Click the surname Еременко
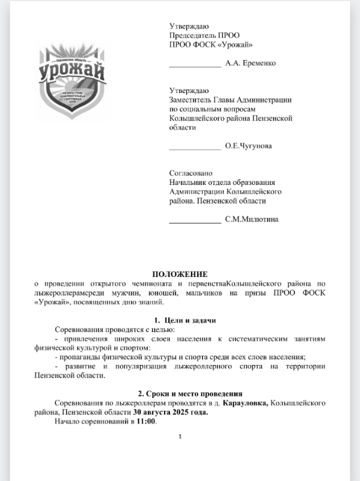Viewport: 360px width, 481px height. pos(258,63)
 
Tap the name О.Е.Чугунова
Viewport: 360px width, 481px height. pos(248,146)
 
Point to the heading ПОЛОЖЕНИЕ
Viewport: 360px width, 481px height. pos(179,274)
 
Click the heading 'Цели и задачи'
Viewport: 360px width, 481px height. pos(184,320)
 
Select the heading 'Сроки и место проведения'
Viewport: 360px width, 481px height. pos(190,394)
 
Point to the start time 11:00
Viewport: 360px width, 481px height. pos(146,422)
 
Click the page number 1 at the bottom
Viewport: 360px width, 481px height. pos(180,436)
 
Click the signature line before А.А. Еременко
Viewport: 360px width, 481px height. pos(194,65)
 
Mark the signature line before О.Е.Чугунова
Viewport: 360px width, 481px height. pos(194,149)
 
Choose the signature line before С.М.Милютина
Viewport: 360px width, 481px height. pos(194,222)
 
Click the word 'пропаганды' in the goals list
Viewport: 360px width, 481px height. pos(80,357)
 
